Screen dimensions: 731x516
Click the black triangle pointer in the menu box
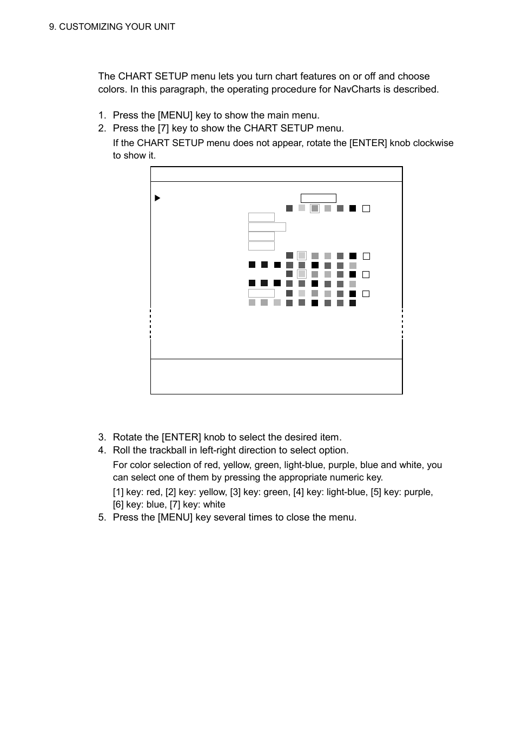[x=157, y=198]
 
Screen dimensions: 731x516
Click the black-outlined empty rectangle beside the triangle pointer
[x=318, y=199]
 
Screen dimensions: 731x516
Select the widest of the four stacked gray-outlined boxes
[x=267, y=227]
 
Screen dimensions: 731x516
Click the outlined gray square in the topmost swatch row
[x=314, y=208]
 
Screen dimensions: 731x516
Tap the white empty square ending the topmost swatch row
[x=366, y=208]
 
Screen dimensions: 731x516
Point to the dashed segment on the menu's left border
[x=150, y=324]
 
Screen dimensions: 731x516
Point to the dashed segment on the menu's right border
[x=402, y=324]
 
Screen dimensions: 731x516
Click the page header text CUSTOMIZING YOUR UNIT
[x=117, y=27]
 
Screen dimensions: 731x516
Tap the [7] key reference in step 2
[x=163, y=128]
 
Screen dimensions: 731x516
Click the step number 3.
[x=102, y=437]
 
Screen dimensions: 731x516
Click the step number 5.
[x=102, y=517]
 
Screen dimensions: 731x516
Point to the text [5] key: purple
[x=401, y=492]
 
